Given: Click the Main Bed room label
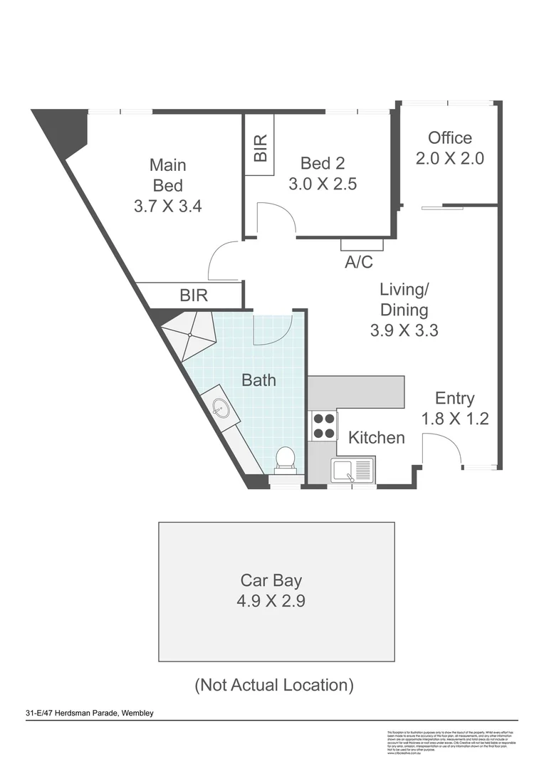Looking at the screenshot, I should (168, 175).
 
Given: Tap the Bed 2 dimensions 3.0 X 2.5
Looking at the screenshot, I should (322, 184).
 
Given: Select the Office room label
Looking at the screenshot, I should (449, 137).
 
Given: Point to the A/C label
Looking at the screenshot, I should (359, 262).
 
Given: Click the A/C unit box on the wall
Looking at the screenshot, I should (362, 244).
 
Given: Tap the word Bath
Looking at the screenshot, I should (258, 380).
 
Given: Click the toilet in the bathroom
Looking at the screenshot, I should (286, 460).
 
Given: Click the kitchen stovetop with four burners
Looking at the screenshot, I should (323, 425).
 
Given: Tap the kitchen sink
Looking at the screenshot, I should (352, 471).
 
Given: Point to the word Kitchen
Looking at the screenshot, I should (377, 437).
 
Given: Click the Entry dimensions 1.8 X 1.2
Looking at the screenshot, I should (455, 419).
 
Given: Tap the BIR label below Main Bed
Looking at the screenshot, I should (194, 295).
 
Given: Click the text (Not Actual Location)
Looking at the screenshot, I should (274, 685).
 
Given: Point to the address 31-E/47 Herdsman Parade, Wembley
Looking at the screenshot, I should (90, 713).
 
